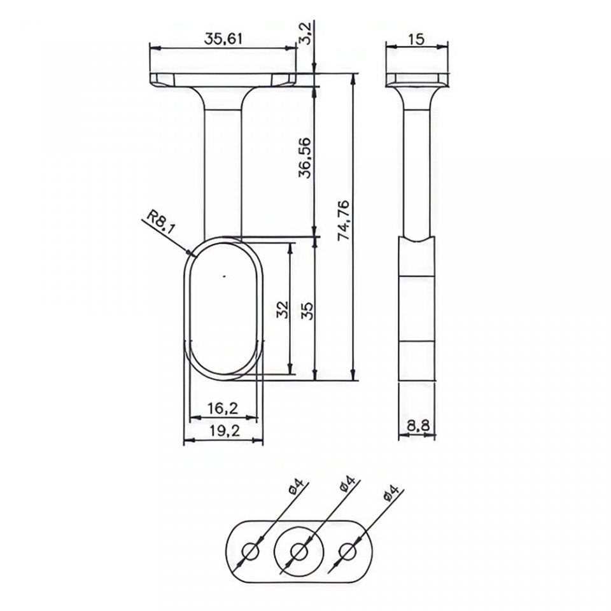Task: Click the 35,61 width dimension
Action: [x=223, y=39]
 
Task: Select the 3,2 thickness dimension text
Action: [x=306, y=34]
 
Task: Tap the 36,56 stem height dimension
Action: [x=305, y=157]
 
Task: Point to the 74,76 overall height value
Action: [x=344, y=221]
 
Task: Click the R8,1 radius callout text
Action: [x=159, y=223]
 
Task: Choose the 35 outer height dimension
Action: [x=307, y=311]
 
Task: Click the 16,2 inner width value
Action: [x=223, y=408]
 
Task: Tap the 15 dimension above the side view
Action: [x=416, y=39]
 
